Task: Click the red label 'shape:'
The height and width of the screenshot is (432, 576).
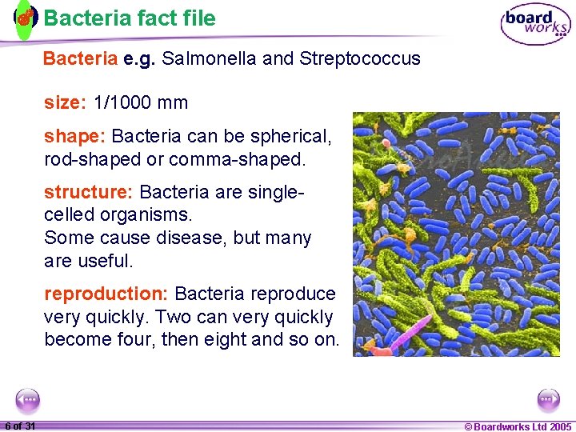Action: pos(75,137)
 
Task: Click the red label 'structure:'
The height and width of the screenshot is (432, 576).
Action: pos(89,193)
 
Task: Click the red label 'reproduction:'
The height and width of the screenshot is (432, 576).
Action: pos(106,294)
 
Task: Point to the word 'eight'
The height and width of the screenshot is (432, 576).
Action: pos(223,339)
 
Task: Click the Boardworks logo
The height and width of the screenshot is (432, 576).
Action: pos(535,23)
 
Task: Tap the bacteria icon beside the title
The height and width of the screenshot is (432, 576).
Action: pos(26,18)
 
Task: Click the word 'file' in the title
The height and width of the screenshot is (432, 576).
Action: pos(198,18)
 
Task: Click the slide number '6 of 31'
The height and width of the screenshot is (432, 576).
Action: pos(19,426)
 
